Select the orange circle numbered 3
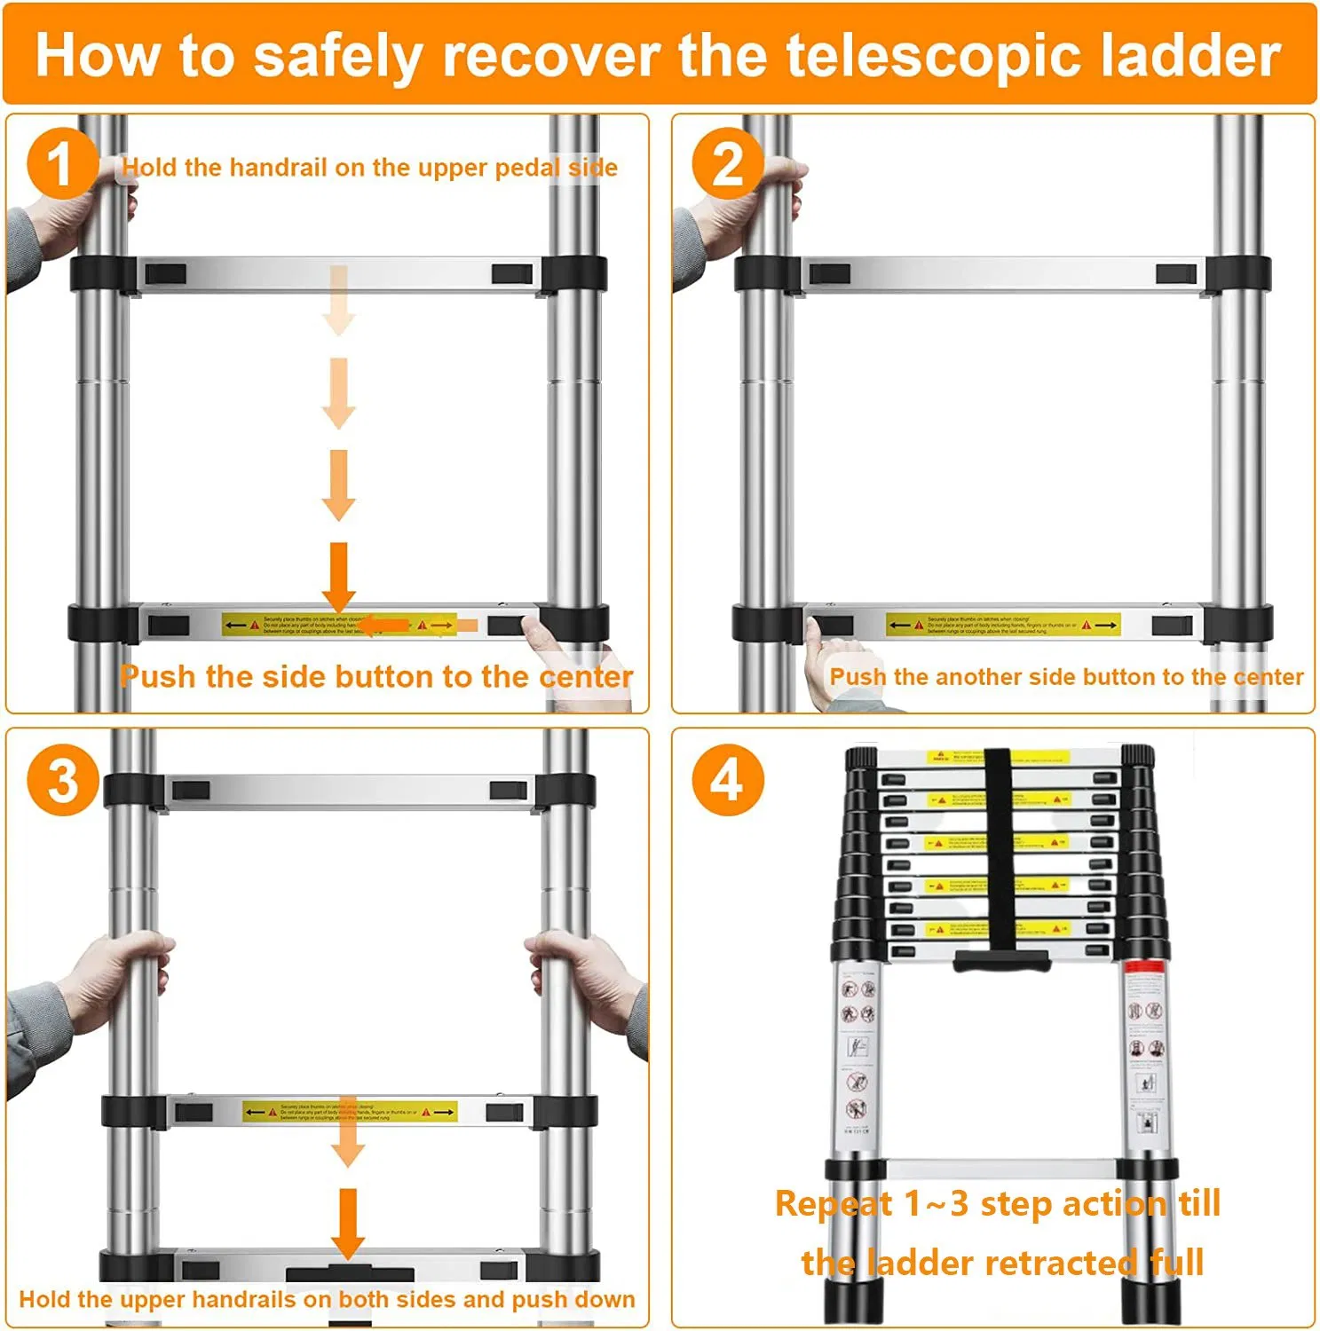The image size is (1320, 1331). click(x=62, y=781)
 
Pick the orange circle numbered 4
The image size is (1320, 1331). click(x=728, y=781)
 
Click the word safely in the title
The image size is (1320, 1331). click(x=339, y=57)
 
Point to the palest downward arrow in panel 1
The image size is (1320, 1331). click(x=338, y=300)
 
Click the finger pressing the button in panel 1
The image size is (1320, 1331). click(x=535, y=634)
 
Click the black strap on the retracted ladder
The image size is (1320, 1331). click(x=998, y=852)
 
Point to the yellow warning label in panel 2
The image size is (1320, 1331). click(x=1002, y=626)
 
